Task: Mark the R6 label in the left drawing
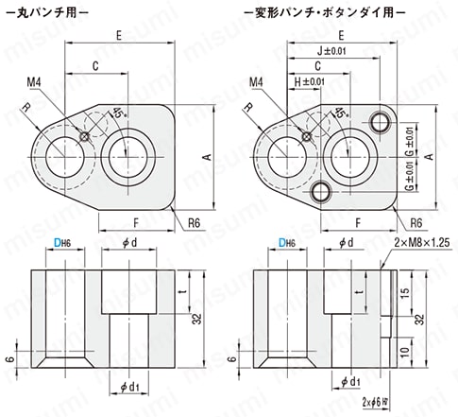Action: coord(194,223)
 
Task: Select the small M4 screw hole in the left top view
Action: coord(85,135)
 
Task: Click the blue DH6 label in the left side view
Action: coord(60,243)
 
